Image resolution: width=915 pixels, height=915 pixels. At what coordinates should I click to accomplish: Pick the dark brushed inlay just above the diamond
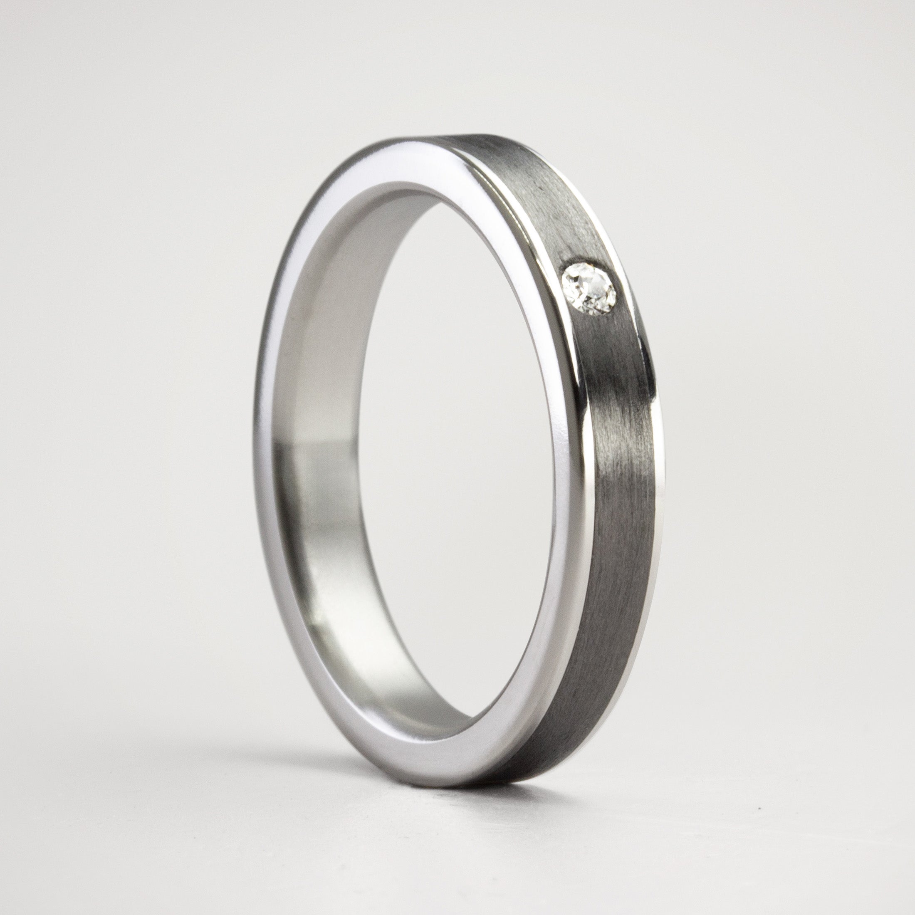pyautogui.click(x=559, y=223)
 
